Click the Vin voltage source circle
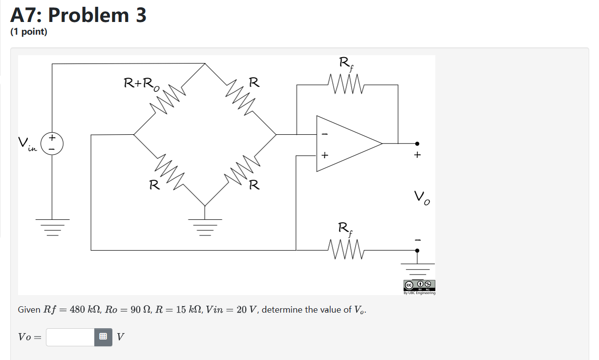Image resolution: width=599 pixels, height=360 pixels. click(52, 144)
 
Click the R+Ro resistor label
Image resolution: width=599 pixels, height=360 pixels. click(141, 84)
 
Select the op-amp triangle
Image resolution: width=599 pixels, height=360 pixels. click(344, 144)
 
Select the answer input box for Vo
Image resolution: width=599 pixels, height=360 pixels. click(70, 337)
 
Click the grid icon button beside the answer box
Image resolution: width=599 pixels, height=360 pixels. click(103, 337)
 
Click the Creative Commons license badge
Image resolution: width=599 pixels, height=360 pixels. click(419, 285)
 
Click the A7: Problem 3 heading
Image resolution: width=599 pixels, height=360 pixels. click(79, 16)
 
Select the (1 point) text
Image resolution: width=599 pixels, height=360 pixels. click(29, 32)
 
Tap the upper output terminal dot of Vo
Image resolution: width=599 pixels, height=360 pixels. click(417, 144)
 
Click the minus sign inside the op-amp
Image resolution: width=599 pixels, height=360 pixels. click(324, 134)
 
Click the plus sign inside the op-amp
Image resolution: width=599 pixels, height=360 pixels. click(324, 155)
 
